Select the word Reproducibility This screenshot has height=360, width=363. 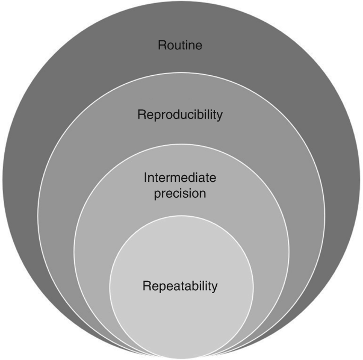180,115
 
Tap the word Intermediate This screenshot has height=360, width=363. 180,176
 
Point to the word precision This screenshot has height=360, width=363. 180,193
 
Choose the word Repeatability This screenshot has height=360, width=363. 180,286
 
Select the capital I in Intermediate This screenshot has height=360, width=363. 145,176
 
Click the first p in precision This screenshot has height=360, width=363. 157,194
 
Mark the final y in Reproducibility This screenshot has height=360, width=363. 219,116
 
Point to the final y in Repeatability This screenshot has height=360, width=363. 215,288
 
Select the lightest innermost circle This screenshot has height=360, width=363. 180,318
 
